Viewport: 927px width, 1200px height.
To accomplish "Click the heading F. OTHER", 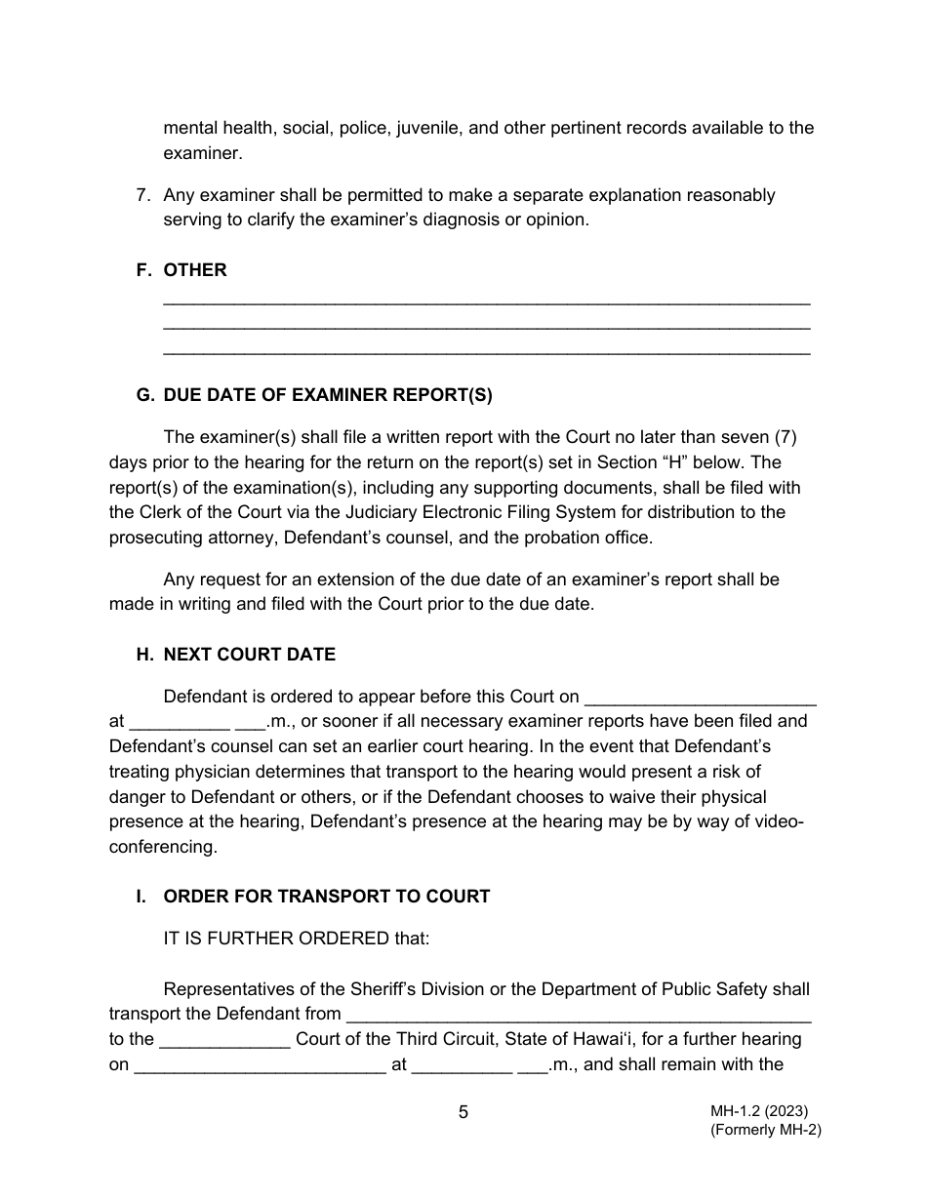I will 181,270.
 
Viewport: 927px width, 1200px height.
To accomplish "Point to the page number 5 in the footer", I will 463,1112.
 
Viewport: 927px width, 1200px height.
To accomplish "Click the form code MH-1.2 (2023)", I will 759,1111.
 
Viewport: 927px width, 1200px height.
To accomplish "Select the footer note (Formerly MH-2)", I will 766,1131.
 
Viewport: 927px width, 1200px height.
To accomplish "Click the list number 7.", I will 142,195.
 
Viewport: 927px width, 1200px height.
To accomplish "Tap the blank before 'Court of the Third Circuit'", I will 224,1040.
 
